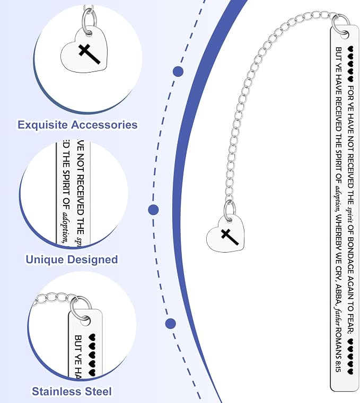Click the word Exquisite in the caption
pos(43,125)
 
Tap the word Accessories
pos(104,124)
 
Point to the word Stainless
pos(57,391)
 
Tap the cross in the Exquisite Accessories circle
pos(89,53)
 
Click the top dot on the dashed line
pos(178,71)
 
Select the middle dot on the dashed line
pos(153,210)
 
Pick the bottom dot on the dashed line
pos(171,324)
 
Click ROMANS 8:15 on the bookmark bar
pos(339,350)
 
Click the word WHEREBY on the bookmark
pos(339,231)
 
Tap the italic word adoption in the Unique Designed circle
pos(67,227)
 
